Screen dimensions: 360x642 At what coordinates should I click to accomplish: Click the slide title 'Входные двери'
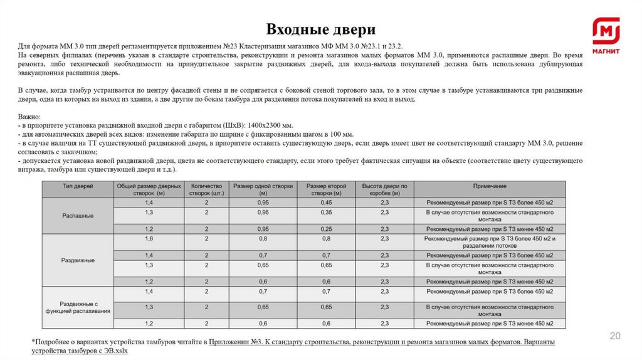[320, 29]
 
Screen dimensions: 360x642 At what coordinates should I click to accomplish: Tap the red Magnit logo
[606, 34]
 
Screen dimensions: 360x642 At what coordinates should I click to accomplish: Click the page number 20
[615, 337]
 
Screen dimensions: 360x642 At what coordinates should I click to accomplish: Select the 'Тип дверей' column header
[77, 186]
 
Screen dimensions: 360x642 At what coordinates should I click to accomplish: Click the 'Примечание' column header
[489, 186]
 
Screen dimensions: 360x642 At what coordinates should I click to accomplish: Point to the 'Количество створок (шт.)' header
[206, 190]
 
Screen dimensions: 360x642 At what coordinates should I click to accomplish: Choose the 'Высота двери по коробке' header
[385, 190]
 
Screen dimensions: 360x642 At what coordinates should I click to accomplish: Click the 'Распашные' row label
[78, 216]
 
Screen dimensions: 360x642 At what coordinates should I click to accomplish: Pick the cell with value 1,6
[149, 239]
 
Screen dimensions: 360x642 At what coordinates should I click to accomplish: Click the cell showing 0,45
[327, 203]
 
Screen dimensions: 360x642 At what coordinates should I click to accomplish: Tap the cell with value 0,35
[327, 213]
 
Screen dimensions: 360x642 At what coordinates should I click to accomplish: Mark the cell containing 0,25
[327, 229]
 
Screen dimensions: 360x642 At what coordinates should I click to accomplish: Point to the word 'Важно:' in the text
[29, 117]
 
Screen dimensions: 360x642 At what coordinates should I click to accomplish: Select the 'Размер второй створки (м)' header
[327, 190]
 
